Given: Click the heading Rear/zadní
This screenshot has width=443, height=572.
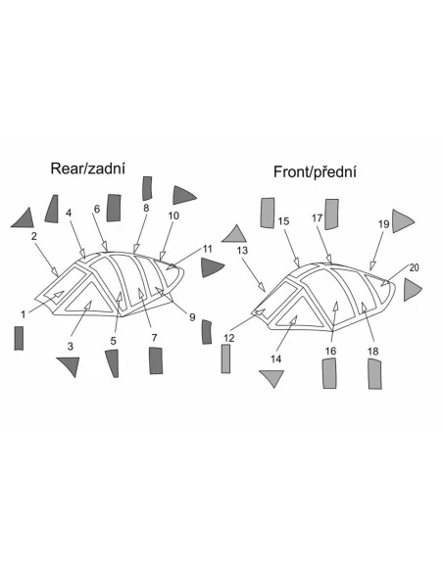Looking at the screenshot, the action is (x=87, y=168).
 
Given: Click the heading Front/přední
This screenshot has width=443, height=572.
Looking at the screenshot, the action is (x=315, y=171).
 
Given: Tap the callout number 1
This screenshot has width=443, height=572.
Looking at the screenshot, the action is (x=24, y=314).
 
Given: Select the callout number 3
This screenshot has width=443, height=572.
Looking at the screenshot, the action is (x=71, y=346).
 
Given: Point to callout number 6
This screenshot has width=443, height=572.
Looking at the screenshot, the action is (x=97, y=209).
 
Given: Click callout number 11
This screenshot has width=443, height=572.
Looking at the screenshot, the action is (x=207, y=249).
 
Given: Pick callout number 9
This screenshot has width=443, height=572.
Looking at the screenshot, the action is (x=192, y=317).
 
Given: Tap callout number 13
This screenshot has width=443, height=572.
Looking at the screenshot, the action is (x=242, y=251).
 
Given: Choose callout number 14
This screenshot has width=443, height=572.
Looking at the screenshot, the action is (x=275, y=358).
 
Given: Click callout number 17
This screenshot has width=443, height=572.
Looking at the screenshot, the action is (x=318, y=217).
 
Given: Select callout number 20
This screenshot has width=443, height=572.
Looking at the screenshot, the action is (x=415, y=267).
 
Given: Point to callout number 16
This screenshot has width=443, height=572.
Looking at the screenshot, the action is (x=330, y=351).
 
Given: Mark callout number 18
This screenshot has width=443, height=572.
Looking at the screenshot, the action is (x=373, y=352).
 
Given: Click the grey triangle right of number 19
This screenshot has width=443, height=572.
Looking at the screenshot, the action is (x=401, y=221).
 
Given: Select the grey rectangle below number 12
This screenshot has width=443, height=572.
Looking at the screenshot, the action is (x=225, y=358).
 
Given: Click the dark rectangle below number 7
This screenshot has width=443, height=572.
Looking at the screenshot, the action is (x=156, y=360).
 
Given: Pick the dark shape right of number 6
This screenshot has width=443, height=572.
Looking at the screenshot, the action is (x=114, y=208).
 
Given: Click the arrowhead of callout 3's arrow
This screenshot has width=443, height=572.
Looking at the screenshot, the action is (x=87, y=306).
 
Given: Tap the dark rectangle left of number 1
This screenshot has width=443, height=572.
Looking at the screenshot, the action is (x=19, y=338).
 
